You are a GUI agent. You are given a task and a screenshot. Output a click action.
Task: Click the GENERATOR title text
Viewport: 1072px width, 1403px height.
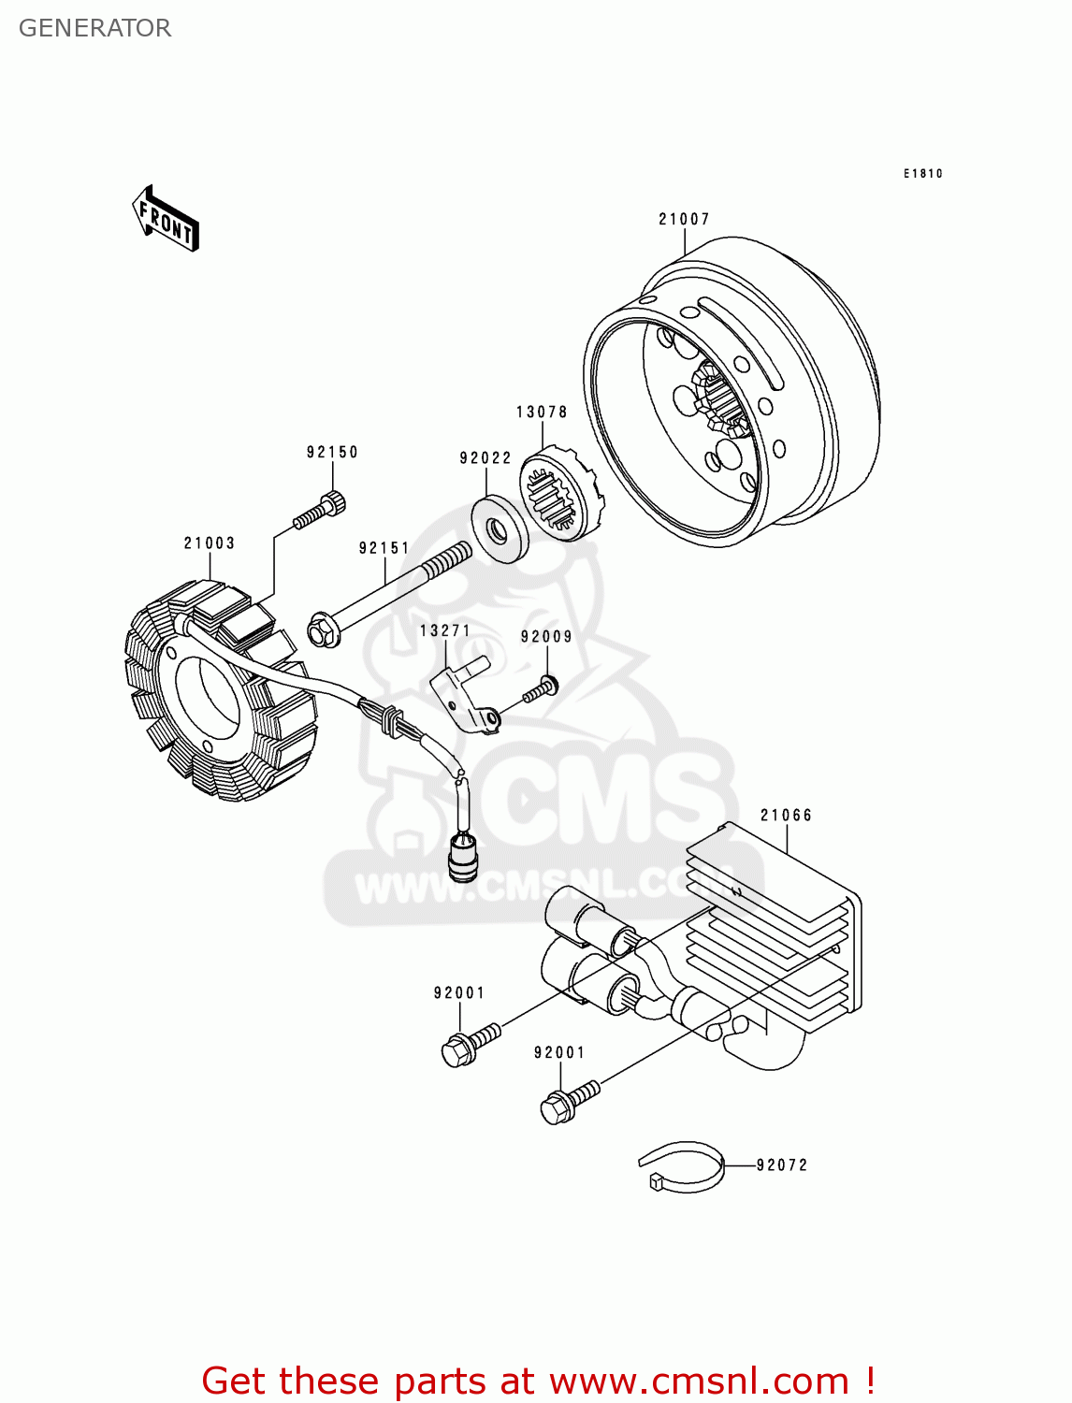tap(94, 28)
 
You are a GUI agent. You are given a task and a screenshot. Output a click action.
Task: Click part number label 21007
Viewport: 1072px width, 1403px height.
tap(684, 219)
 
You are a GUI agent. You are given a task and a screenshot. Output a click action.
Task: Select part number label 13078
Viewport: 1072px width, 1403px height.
tap(542, 412)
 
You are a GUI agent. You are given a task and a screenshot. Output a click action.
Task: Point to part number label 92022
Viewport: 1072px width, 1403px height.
tap(485, 457)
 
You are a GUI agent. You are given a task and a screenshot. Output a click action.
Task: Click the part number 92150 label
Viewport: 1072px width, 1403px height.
tap(332, 452)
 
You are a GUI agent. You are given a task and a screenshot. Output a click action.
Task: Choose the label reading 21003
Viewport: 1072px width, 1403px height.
tap(210, 542)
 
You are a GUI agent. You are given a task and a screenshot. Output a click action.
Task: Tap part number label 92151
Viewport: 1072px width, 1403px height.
tap(384, 548)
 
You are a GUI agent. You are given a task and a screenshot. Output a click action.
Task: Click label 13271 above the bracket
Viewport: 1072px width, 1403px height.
tap(445, 630)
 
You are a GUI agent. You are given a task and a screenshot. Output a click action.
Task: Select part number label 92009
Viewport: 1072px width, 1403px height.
tap(546, 637)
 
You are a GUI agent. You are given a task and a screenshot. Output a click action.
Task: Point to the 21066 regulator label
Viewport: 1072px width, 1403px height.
tap(786, 815)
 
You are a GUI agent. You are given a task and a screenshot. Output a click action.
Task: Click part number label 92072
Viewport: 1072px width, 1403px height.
tap(782, 1164)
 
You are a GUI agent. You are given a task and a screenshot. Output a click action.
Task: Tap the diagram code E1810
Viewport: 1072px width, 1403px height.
tap(922, 173)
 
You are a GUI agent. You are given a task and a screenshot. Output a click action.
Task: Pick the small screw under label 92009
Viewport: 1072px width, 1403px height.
tap(542, 691)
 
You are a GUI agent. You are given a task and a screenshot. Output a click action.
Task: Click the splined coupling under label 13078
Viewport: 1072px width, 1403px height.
tap(558, 495)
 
